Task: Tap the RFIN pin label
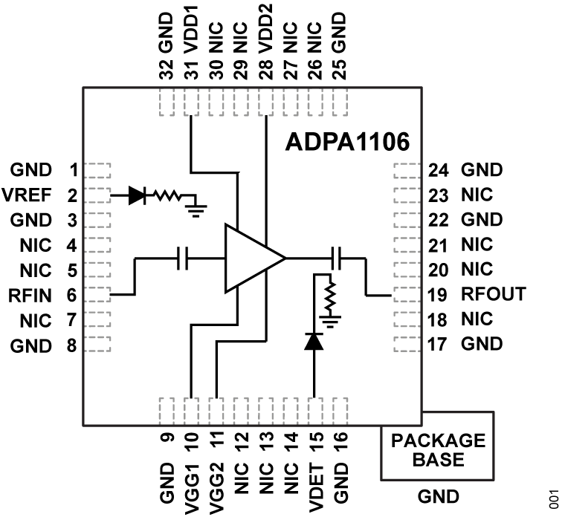[x=31, y=296]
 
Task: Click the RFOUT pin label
[x=494, y=294]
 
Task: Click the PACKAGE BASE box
[x=437, y=449]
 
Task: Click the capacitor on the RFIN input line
[x=183, y=258]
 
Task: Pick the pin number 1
[x=73, y=170]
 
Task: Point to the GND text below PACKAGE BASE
[x=437, y=495]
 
